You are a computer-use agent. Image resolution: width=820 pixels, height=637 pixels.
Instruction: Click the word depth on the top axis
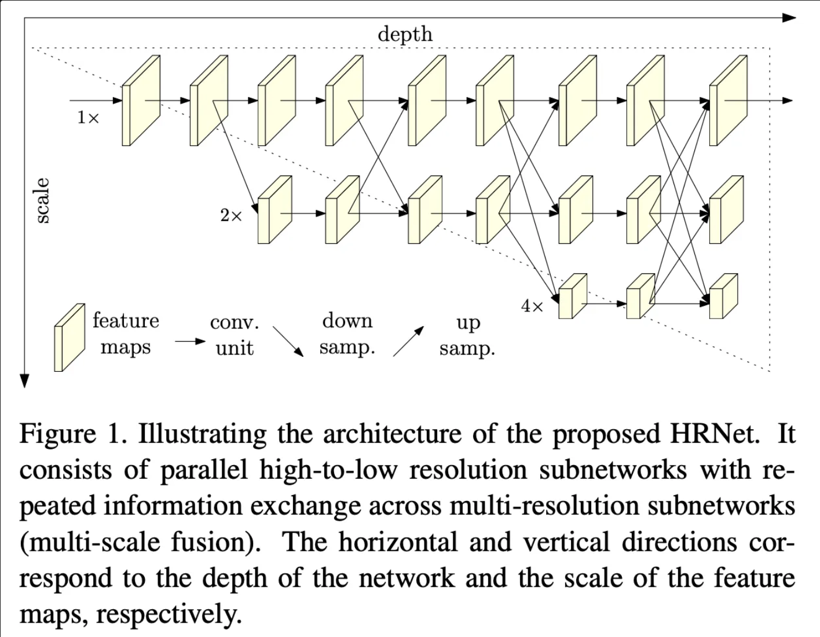point(405,34)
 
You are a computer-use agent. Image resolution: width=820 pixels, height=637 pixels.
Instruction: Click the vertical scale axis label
point(42,200)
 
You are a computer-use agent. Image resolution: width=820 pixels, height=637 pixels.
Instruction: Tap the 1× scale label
point(88,118)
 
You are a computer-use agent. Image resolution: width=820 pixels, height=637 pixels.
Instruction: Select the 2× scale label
point(231,216)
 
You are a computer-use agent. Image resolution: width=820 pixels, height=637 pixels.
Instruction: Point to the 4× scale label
point(532,306)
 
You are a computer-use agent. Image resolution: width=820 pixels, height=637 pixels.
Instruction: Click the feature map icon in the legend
point(68,338)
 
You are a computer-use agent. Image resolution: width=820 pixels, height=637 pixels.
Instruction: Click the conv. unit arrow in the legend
point(189,342)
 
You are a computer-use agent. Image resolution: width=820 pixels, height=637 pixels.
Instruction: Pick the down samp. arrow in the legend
point(288,342)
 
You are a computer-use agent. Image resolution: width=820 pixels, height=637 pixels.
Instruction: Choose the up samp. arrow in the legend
point(408,341)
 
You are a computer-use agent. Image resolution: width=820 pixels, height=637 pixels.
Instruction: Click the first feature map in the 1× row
point(140,101)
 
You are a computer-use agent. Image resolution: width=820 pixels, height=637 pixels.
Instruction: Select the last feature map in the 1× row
point(728,101)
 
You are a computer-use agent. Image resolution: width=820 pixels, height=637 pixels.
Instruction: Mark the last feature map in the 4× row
point(723,296)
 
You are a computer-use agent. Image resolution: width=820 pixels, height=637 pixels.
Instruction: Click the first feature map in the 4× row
point(572,296)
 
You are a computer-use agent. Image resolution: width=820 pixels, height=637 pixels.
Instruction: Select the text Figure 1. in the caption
point(73,434)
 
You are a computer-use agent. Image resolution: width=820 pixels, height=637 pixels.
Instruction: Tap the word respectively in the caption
point(168,614)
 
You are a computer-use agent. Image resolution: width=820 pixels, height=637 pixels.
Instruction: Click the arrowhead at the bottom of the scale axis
point(24,380)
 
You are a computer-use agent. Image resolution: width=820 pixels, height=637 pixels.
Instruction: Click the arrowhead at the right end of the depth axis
point(790,18)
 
